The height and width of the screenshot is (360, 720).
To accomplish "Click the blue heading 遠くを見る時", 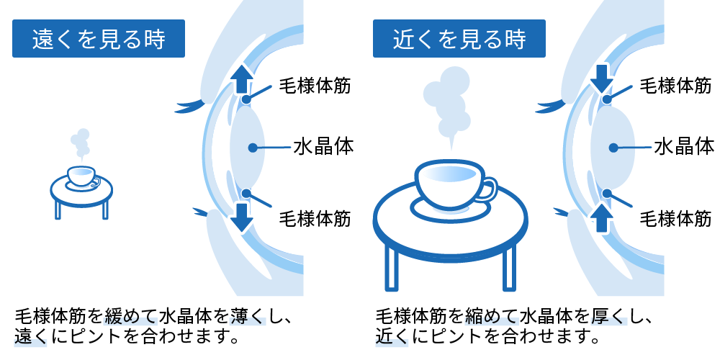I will click(x=99, y=39).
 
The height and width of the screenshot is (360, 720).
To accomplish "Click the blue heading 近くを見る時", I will click(x=459, y=39).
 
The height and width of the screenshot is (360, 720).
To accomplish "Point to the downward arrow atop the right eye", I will click(x=603, y=78).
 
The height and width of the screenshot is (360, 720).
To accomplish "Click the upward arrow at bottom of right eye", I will click(x=602, y=215).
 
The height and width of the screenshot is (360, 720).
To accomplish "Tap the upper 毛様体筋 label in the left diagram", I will click(x=315, y=86).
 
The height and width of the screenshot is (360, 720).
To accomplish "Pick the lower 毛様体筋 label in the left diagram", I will click(x=315, y=218).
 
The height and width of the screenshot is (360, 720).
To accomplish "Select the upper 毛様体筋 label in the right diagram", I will click(x=675, y=86).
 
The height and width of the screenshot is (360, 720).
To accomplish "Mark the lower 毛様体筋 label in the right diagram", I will click(x=675, y=218).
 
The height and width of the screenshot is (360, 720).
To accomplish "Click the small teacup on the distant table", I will click(x=81, y=175).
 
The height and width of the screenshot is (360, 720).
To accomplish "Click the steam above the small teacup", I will click(x=81, y=143).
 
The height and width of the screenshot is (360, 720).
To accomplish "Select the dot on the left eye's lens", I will click(x=252, y=148).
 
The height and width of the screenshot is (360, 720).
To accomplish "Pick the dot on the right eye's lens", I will click(x=613, y=148).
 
